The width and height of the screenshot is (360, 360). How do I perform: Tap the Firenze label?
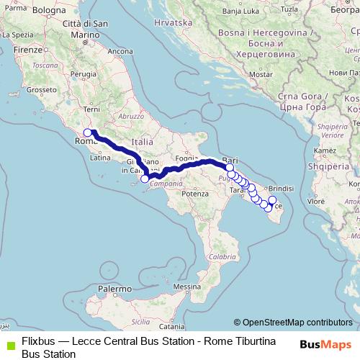tap(28, 50)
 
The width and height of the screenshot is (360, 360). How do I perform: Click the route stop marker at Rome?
tap(88, 132)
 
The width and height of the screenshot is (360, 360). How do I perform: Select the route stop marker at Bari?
tap(230, 168)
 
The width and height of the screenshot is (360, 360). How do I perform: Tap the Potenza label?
tap(194, 194)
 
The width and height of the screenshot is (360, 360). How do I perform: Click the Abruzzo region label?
tap(132, 116)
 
